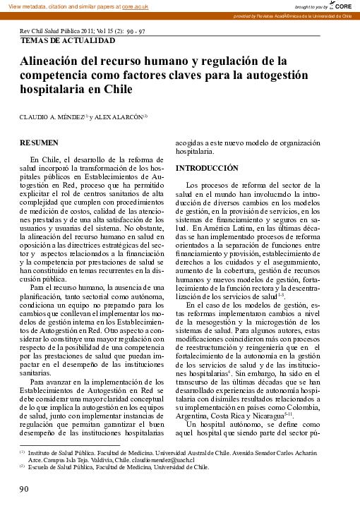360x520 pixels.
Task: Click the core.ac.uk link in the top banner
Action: [x=134, y=6]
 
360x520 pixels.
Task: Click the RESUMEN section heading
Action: [x=40, y=142]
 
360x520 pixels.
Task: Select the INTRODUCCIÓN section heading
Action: [x=207, y=168]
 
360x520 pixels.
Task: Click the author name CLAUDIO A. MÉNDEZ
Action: [x=52, y=116]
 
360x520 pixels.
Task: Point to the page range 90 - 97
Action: [x=136, y=32]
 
